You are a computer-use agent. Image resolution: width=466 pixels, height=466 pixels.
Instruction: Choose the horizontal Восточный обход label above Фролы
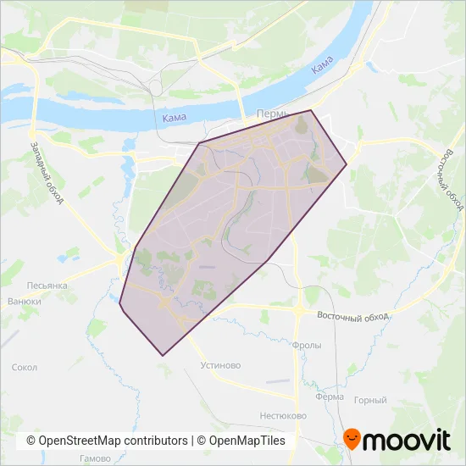(352, 315)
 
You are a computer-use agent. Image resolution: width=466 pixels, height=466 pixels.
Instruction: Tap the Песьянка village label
(47, 286)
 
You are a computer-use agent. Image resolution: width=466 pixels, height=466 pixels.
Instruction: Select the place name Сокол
(25, 368)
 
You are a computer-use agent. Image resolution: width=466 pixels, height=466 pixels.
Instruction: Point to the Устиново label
(221, 366)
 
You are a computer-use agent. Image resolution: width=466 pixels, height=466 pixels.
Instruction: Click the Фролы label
(305, 346)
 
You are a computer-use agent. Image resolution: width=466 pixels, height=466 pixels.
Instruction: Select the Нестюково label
(284, 417)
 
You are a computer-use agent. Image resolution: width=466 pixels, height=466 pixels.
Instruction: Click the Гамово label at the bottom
(94, 458)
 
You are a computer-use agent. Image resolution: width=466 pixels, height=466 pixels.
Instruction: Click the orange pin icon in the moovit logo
(352, 439)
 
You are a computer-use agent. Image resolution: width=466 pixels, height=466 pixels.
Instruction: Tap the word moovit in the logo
(408, 441)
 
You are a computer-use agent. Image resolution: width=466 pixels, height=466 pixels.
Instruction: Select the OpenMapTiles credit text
(243, 441)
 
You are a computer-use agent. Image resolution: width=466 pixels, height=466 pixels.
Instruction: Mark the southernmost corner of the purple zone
(162, 355)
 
